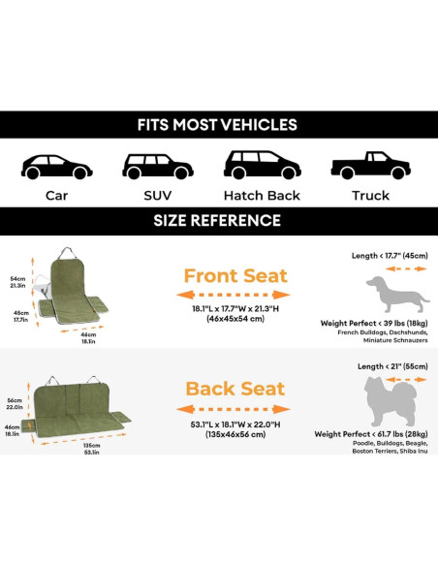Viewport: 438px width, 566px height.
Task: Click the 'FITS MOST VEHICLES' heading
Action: (x=217, y=125)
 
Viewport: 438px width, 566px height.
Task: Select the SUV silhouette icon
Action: (x=157, y=166)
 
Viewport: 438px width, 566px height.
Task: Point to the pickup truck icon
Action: (x=369, y=166)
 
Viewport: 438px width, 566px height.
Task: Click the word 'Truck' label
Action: (x=370, y=195)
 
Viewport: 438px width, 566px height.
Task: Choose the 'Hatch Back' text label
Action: (x=262, y=195)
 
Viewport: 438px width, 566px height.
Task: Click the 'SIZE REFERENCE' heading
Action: (x=217, y=221)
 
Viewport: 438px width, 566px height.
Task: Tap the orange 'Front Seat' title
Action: (x=235, y=276)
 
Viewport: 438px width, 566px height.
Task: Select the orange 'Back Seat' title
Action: (x=235, y=389)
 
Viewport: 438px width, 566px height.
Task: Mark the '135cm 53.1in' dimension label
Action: (x=92, y=447)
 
